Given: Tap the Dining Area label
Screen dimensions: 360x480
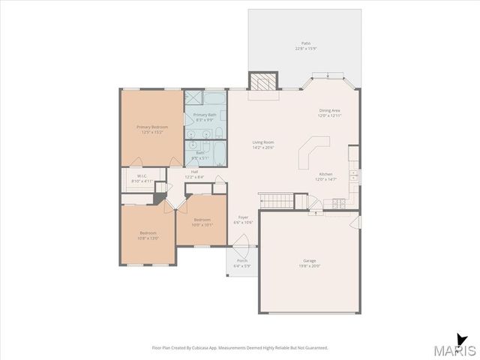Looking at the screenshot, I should pos(330,110).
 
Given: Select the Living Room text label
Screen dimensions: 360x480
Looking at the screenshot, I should pos(262,142).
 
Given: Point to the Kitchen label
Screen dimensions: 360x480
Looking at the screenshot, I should pos(325,173).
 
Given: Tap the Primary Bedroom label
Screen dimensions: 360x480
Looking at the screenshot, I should pos(151,127).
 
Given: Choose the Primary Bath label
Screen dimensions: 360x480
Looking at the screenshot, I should pos(205,115).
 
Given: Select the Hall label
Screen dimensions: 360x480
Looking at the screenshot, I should pos(194,172).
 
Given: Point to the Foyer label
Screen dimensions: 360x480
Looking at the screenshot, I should pos(243,217).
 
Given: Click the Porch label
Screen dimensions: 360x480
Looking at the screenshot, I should pos(241,260).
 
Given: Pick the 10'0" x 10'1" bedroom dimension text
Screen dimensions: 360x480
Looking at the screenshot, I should pos(202,225).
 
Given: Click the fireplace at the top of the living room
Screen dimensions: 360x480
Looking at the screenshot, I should pos(263,82).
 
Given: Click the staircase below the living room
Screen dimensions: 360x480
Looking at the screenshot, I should pos(275,200).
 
